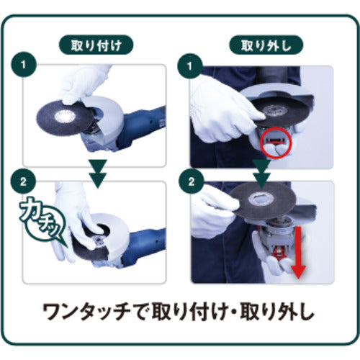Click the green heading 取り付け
[96, 45]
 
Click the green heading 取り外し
[266, 45]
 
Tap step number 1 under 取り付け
[23, 65]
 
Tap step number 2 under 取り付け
[23, 181]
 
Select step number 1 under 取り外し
[190, 66]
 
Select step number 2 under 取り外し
[192, 181]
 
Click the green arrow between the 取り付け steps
[98, 174]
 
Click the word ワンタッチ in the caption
[87, 312]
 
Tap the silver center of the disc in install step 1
[65, 117]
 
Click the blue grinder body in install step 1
[142, 127]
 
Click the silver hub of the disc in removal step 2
[259, 199]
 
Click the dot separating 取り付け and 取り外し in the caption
[235, 312]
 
